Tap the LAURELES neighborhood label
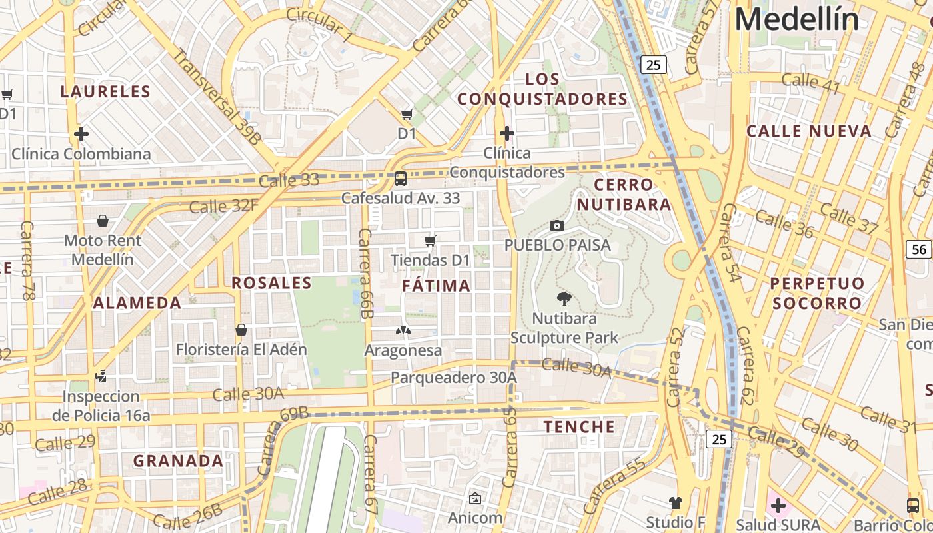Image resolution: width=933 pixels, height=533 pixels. tap(106, 91)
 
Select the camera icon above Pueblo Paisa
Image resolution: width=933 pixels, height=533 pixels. tap(557, 226)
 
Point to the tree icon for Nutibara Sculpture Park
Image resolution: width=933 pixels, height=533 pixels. tap(564, 299)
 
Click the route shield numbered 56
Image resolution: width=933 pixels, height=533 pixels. tap(919, 249)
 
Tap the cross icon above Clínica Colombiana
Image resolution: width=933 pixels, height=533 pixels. tap(81, 134)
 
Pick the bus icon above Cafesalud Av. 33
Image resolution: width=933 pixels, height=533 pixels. tap(400, 179)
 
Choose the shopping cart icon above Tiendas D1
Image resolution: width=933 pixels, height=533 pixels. tap(431, 241)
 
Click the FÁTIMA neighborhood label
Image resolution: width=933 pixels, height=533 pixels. tap(437, 286)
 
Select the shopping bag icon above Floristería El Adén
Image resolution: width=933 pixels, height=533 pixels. tap(241, 330)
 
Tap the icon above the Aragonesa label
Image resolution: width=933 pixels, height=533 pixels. tap(403, 330)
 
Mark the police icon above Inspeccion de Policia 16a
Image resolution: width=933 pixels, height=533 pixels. tap(101, 376)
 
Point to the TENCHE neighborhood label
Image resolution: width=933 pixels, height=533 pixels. tap(580, 427)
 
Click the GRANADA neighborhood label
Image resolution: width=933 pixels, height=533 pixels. tap(178, 461)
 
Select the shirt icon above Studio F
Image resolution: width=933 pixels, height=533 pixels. tap(676, 502)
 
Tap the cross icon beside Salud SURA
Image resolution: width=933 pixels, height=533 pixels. tap(778, 505)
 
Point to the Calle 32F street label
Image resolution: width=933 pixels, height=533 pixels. tap(223, 206)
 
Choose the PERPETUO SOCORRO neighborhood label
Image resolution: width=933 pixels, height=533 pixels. tap(816, 293)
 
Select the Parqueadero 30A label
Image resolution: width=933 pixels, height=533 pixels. tap(453, 378)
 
